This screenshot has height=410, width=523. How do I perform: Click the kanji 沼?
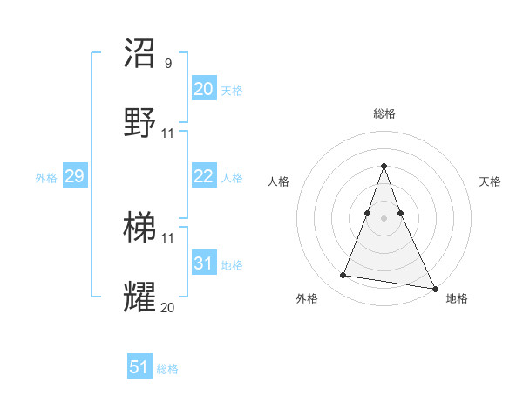140,53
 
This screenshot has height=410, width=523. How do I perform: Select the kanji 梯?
140,229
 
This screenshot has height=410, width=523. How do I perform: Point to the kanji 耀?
140,297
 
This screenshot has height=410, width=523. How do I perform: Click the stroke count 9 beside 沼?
168,64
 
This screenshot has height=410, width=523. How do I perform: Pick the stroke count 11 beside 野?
168,133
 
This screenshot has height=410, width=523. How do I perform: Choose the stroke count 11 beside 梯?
168,238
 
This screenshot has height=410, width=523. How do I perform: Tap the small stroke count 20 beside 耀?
168,307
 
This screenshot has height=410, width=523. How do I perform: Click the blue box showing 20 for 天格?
204,89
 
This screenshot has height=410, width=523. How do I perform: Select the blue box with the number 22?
204,176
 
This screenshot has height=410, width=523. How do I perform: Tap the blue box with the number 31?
204,263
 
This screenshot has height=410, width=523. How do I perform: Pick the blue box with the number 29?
74,176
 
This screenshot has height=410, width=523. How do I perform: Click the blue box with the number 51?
139,367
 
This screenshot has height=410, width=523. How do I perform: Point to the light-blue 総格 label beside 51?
167,369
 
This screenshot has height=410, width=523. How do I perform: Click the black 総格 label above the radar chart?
384,114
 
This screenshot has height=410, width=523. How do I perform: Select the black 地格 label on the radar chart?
457,298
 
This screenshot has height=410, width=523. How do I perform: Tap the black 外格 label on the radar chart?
307,298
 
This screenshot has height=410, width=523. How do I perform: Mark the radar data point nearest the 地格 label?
434,288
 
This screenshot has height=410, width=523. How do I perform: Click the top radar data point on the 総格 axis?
384,166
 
